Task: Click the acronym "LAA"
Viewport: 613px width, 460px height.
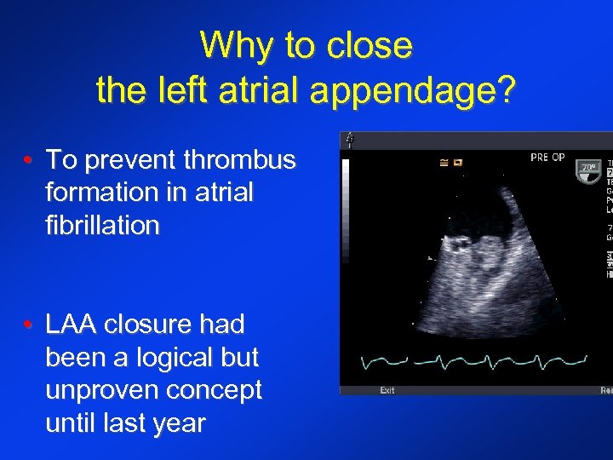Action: [x=75, y=325]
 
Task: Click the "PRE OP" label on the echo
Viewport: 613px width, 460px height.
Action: [x=547, y=158]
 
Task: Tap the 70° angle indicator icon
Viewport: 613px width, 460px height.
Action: [x=588, y=168]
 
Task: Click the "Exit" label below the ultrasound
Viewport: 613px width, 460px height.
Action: [x=387, y=391]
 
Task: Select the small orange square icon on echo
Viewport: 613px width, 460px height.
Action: [x=455, y=162]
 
